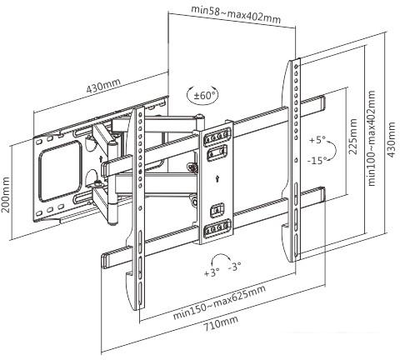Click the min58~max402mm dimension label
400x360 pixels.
coord(236,14)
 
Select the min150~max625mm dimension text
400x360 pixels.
coord(219,302)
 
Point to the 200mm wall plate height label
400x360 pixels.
coord(5,194)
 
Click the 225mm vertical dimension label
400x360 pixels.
coord(352,137)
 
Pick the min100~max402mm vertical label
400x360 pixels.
coord(371,137)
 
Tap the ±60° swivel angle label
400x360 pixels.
coord(205,96)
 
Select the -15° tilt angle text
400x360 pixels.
coord(317,160)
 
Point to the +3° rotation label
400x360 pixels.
coord(212,272)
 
